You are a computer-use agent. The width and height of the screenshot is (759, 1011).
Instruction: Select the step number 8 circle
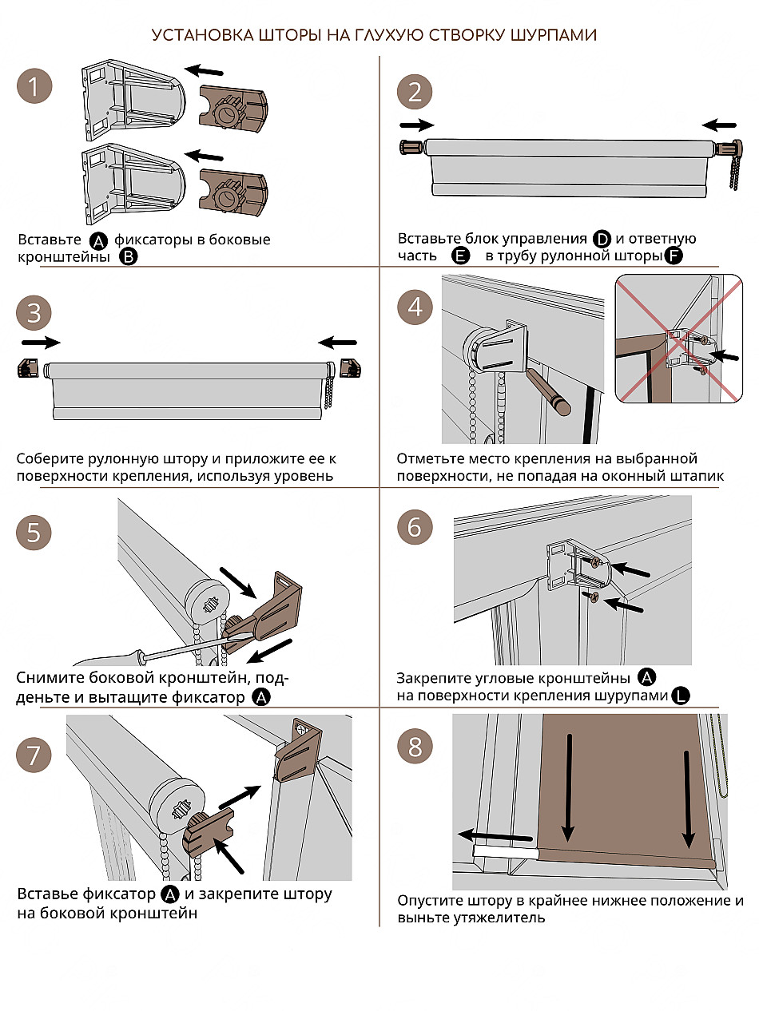tap(415, 747)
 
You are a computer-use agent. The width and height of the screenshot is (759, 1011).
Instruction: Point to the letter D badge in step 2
tap(602, 239)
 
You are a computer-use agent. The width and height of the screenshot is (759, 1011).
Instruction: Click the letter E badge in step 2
tap(459, 256)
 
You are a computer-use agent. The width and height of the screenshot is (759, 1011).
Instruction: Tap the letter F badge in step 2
tap(674, 256)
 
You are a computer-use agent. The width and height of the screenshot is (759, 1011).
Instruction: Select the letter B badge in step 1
tap(128, 256)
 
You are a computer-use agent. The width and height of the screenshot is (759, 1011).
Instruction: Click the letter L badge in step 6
tap(680, 696)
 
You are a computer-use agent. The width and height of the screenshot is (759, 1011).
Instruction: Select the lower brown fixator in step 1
tap(233, 192)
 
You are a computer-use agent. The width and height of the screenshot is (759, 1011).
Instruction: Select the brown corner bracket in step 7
tap(296, 751)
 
